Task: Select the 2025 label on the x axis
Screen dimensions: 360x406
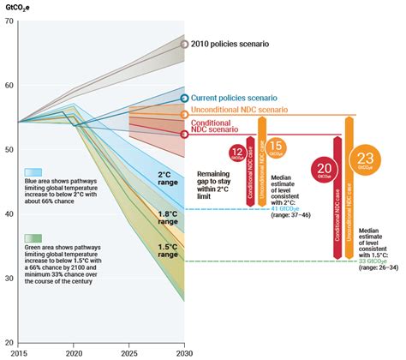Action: point(128,352)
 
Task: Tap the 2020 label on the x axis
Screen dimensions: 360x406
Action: point(75,352)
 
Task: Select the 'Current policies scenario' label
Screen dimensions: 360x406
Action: point(241,99)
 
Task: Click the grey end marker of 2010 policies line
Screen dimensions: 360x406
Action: point(184,43)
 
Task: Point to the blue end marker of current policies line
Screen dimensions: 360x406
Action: point(184,99)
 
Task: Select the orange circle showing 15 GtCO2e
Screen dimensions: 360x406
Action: point(276,147)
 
